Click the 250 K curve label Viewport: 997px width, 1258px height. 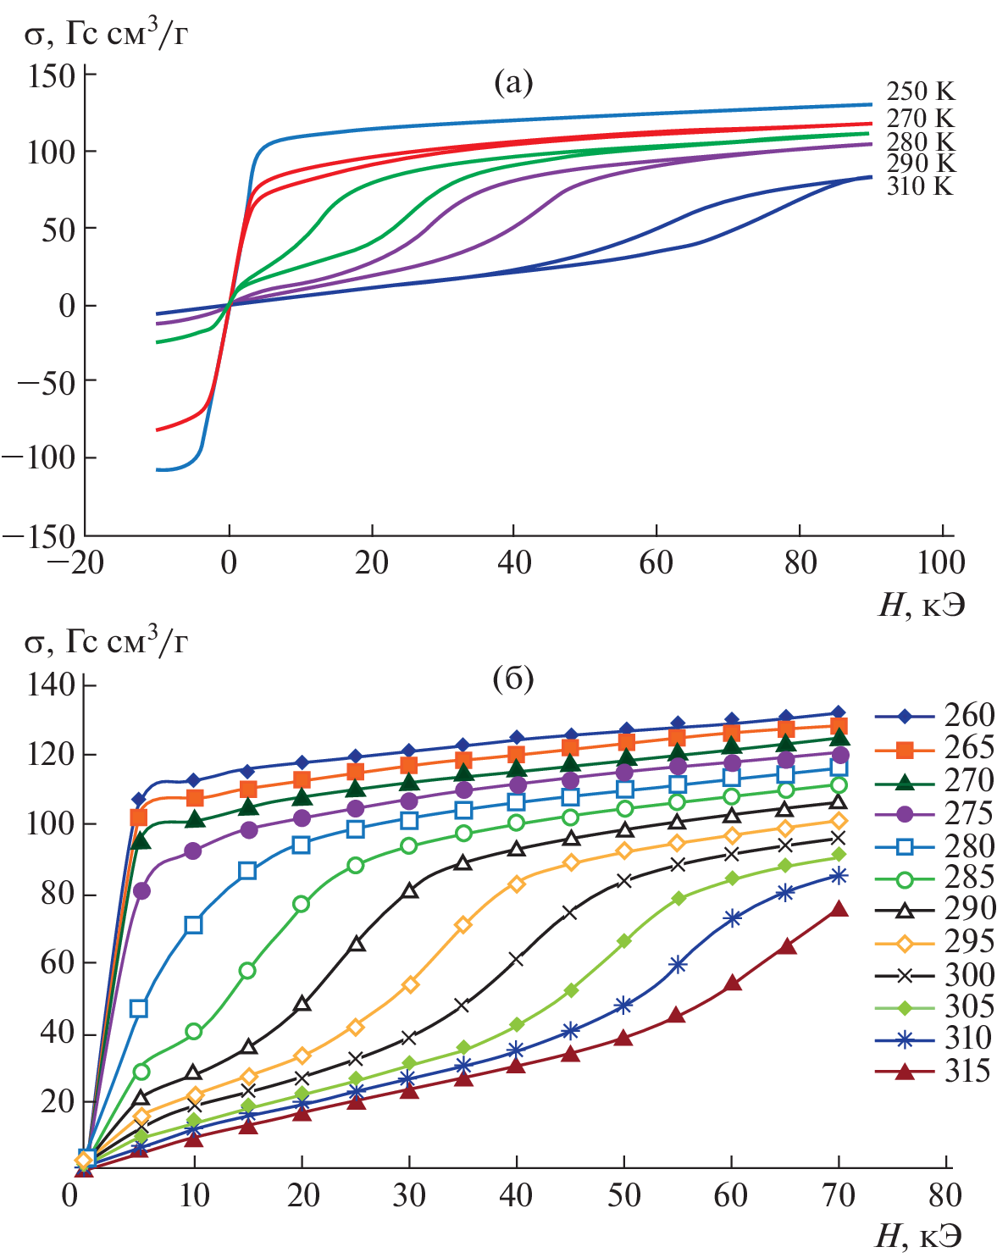pos(920,91)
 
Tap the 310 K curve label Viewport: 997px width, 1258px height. pos(920,186)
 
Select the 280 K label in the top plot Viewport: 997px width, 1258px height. pos(920,141)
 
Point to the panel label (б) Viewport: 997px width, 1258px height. pos(513,678)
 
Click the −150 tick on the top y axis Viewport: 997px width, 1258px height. pos(39,535)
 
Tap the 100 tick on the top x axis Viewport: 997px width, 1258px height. pos(942,562)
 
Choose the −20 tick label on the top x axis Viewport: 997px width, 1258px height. pos(76,562)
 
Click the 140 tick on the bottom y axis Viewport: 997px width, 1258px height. pos(51,684)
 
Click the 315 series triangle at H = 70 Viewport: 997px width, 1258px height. pos(839,909)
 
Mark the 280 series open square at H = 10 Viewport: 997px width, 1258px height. pos(194,924)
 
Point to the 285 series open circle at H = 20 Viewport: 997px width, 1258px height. pos(301,904)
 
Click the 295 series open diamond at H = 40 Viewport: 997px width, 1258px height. pos(516,884)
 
